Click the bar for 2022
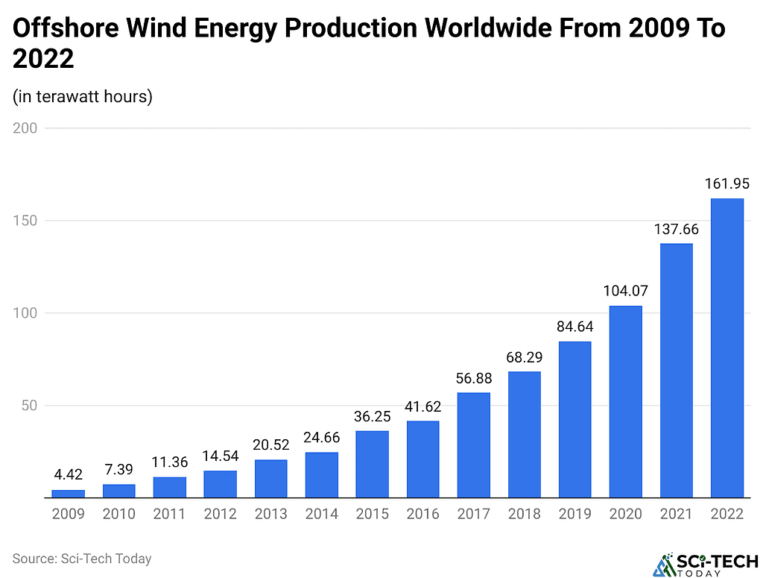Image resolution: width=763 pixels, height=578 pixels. tap(726, 348)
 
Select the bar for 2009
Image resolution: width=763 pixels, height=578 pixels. tap(68, 493)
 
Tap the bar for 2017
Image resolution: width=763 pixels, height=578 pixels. tap(473, 445)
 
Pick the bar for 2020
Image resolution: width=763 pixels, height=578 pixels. tap(625, 401)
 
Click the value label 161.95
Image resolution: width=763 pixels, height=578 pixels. tap(726, 183)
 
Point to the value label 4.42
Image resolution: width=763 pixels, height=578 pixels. tap(68, 474)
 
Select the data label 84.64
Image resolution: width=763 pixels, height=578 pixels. tap(574, 326)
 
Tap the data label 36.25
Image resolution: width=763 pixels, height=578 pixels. tap(372, 415)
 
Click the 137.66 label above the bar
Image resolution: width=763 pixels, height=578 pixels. tap(676, 228)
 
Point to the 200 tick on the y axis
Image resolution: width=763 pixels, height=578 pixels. tap(25, 128)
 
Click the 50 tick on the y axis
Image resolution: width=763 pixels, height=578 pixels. tap(28, 406)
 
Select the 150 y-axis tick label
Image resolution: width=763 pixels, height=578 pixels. tap(25, 221)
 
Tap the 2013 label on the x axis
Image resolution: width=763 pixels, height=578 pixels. tap(270, 514)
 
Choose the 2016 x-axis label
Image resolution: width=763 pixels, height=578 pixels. tap(422, 514)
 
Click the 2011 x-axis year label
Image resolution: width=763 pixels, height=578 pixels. tap(169, 514)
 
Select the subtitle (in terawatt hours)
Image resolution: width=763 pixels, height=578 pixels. tap(83, 97)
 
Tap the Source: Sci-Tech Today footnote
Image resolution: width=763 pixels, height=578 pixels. tap(82, 558)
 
